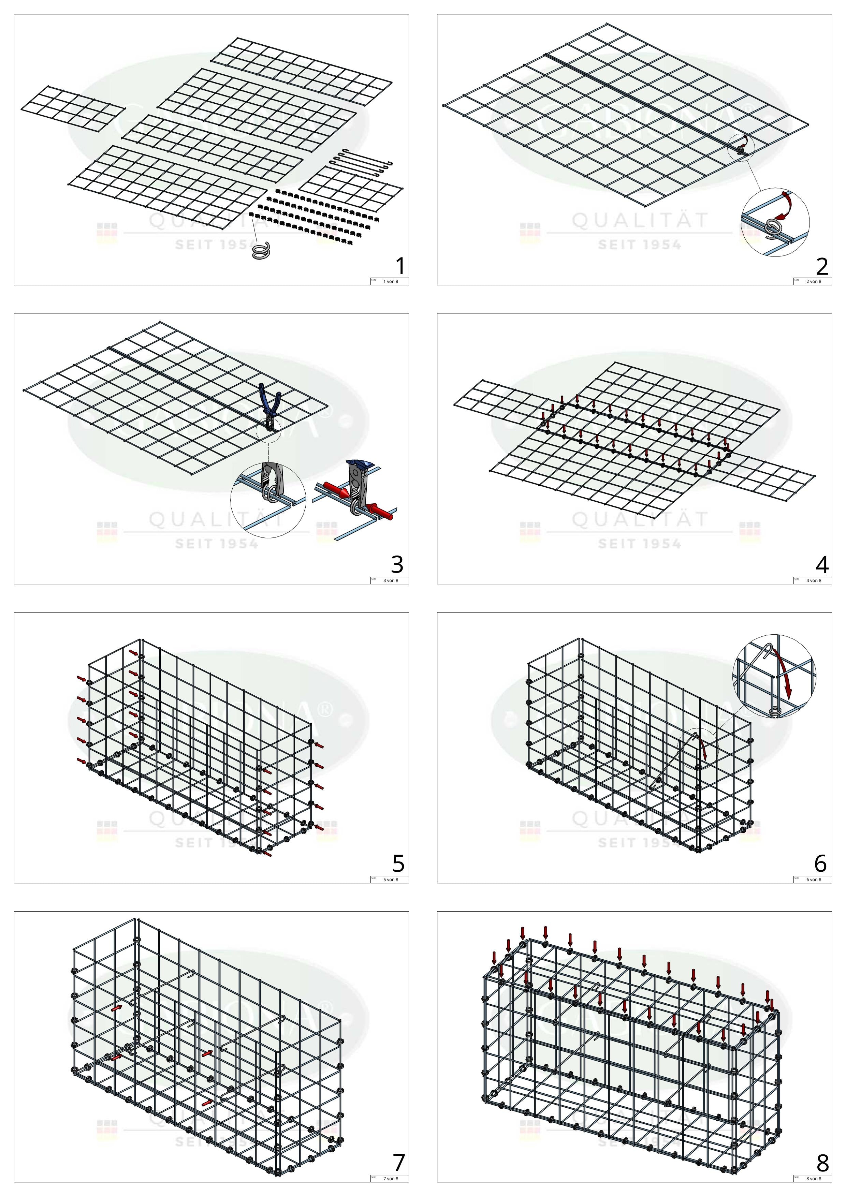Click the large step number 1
pos(399,266)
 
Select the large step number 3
pos(397,565)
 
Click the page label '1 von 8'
pos(391,282)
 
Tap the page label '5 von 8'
pos(391,880)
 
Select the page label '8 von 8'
pos(814,1179)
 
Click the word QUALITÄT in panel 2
pos(640,221)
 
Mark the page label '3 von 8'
pos(391,581)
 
